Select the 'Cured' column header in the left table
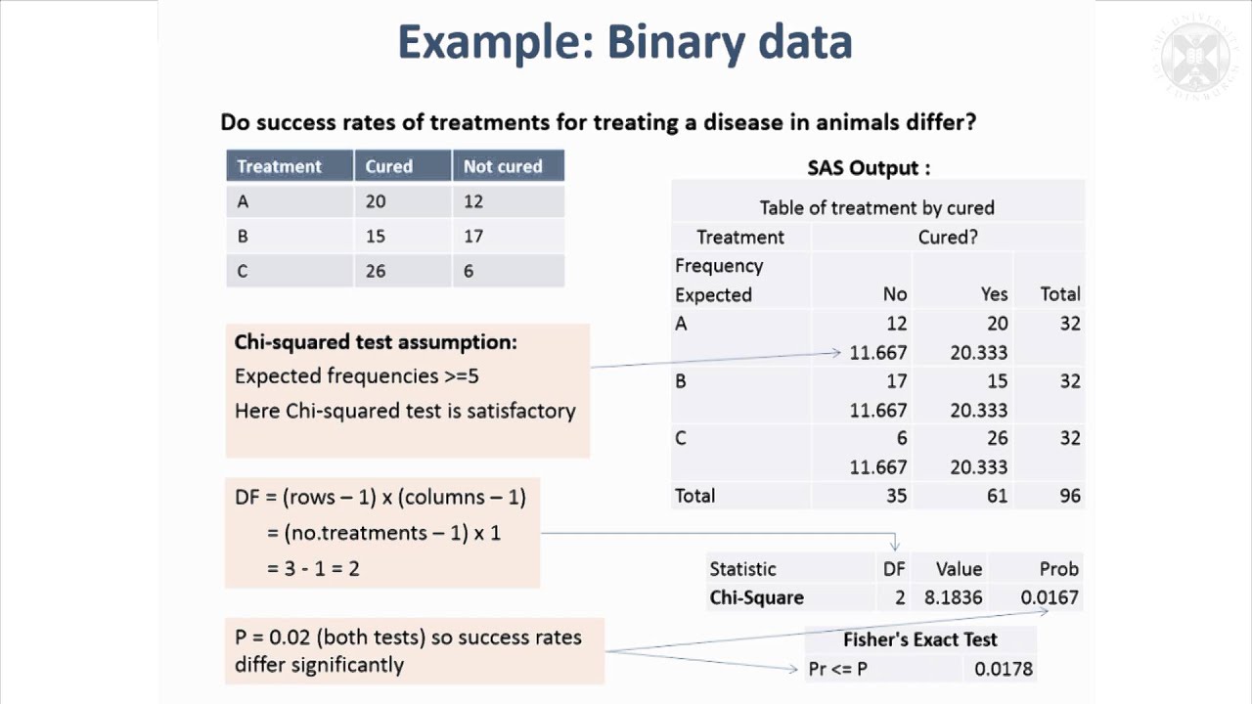[389, 166]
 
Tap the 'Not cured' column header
[503, 166]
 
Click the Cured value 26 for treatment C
[376, 271]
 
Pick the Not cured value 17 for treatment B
[473, 237]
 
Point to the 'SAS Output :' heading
[869, 168]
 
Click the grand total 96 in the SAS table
[1069, 496]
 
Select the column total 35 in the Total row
[895, 496]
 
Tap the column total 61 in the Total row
[996, 496]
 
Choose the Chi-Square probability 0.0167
[1049, 597]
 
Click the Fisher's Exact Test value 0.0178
[1004, 669]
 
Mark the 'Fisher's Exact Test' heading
[919, 639]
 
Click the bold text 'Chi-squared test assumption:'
[376, 342]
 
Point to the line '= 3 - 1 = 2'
[313, 568]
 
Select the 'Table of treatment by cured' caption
[876, 207]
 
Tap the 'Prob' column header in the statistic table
[1058, 569]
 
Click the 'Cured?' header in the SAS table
[947, 237]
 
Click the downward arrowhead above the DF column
[894, 545]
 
